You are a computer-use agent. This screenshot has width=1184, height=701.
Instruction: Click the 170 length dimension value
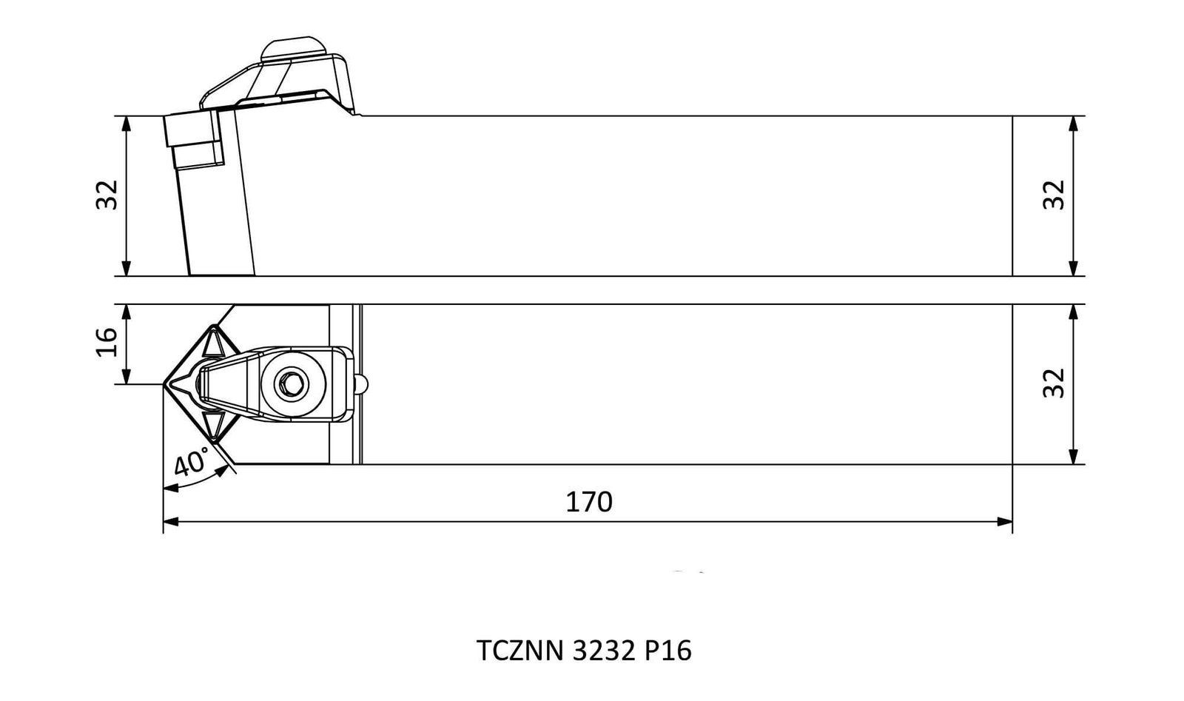tap(589, 502)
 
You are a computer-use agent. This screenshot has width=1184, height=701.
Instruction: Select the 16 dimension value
tap(107, 342)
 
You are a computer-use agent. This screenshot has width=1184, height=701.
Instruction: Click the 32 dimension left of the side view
tap(107, 195)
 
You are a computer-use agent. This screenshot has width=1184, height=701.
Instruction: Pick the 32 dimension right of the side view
tap(1054, 195)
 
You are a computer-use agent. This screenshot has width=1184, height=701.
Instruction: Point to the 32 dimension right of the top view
tap(1054, 383)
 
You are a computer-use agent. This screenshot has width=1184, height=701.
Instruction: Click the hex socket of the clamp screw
tap(289, 383)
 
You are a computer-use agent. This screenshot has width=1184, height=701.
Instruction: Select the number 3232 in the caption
tap(603, 651)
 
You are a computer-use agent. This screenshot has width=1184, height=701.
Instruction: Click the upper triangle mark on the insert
tap(214, 344)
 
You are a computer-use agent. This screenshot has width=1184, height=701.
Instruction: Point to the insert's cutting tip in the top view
tap(164, 384)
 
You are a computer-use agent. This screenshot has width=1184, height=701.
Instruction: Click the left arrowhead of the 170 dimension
tap(171, 522)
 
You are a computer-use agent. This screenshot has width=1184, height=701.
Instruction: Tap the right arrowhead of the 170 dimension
tap(1005, 522)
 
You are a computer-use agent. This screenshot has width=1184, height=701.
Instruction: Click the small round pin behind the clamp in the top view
tap(362, 383)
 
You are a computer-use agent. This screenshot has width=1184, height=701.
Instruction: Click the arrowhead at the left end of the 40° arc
tap(171, 488)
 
